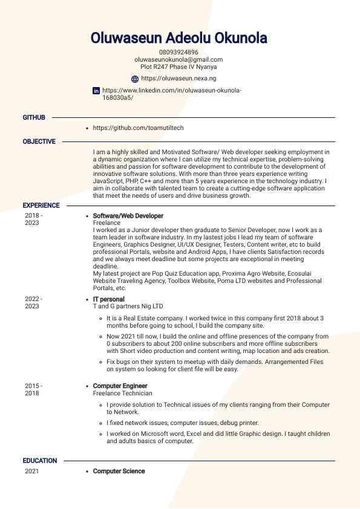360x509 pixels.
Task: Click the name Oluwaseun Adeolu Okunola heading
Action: coord(178,39)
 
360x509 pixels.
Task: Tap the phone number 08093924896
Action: coord(178,53)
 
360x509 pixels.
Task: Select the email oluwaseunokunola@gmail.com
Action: coord(178,60)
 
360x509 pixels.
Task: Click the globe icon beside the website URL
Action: coord(135,79)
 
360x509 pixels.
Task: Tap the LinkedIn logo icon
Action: coord(96,91)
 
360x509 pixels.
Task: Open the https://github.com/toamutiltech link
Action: coord(138,128)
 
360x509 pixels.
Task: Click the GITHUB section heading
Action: coord(34,117)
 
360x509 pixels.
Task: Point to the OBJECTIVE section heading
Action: coord(39,141)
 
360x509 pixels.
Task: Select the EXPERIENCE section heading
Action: coord(41,206)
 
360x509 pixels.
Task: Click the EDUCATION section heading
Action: coord(40,461)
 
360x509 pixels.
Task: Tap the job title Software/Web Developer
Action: coord(128,216)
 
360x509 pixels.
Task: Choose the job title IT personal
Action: coord(108,299)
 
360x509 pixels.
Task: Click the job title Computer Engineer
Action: coord(120,386)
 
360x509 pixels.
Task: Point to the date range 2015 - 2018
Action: coord(33,389)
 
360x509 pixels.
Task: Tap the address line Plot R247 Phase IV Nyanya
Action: coord(178,67)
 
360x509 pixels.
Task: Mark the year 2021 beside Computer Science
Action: coord(31,471)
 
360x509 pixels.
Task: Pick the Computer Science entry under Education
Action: coord(119,471)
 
